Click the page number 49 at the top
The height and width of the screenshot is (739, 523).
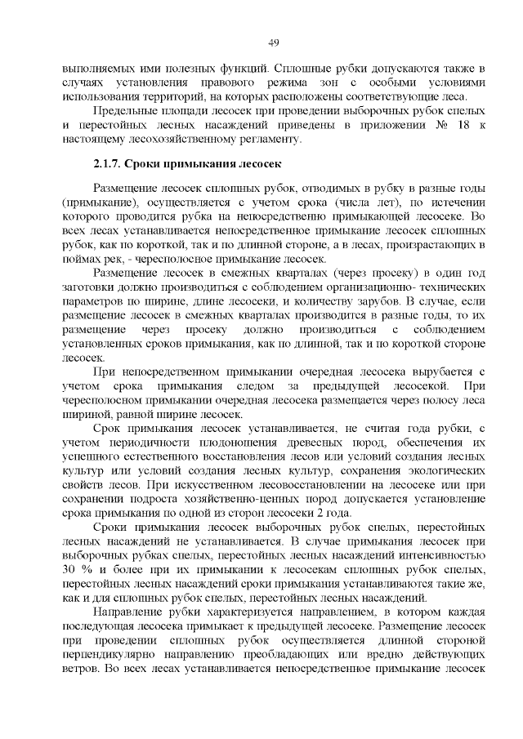274,42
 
